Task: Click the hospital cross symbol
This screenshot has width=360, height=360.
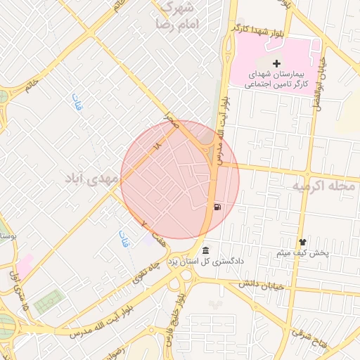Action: (x=276, y=64)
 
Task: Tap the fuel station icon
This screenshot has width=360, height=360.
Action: (x=217, y=207)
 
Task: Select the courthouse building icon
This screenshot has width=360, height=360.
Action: (x=205, y=250)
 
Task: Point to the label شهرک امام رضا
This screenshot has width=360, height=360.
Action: (x=180, y=16)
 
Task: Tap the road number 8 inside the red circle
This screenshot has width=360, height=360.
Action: (x=157, y=145)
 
